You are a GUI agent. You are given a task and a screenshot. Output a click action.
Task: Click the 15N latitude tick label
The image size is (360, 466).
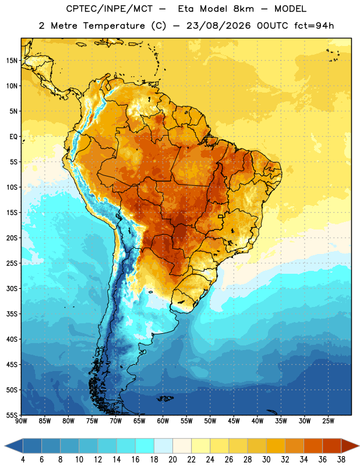(x=12, y=61)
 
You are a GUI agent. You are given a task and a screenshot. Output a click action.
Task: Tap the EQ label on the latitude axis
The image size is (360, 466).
(x=13, y=137)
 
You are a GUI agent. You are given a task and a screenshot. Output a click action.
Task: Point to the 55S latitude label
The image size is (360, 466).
(x=12, y=415)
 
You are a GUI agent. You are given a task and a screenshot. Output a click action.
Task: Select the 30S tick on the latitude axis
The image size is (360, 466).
(x=12, y=288)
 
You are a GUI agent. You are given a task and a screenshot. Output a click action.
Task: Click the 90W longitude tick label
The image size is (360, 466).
(x=21, y=421)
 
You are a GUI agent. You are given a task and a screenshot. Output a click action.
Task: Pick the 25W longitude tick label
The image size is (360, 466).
(x=328, y=421)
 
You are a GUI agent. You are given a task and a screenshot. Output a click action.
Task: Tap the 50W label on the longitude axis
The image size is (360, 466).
(x=210, y=421)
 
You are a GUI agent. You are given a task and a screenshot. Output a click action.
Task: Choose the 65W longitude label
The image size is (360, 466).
(x=139, y=421)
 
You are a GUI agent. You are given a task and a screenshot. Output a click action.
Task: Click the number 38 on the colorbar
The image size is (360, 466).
(x=341, y=460)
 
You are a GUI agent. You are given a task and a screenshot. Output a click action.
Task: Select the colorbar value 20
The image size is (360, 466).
(x=172, y=460)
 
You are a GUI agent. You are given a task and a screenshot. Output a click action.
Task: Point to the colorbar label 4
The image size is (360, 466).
(x=23, y=460)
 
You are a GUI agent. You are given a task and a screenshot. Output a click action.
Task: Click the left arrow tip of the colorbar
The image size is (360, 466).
(x=5, y=446)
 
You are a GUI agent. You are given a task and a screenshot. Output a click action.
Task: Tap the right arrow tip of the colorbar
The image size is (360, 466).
(x=359, y=446)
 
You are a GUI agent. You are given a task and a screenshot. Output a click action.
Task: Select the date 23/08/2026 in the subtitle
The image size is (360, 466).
(x=219, y=26)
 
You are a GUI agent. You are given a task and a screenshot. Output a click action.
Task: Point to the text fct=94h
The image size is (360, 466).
(x=314, y=26)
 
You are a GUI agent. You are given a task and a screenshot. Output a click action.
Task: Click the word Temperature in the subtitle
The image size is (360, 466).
(x=114, y=26)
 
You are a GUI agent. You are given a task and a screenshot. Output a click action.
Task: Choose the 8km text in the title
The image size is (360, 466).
(x=243, y=9)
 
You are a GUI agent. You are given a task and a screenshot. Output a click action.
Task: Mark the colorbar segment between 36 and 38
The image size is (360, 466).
(x=332, y=446)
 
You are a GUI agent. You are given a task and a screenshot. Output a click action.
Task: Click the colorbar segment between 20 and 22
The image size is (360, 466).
(x=182, y=446)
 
